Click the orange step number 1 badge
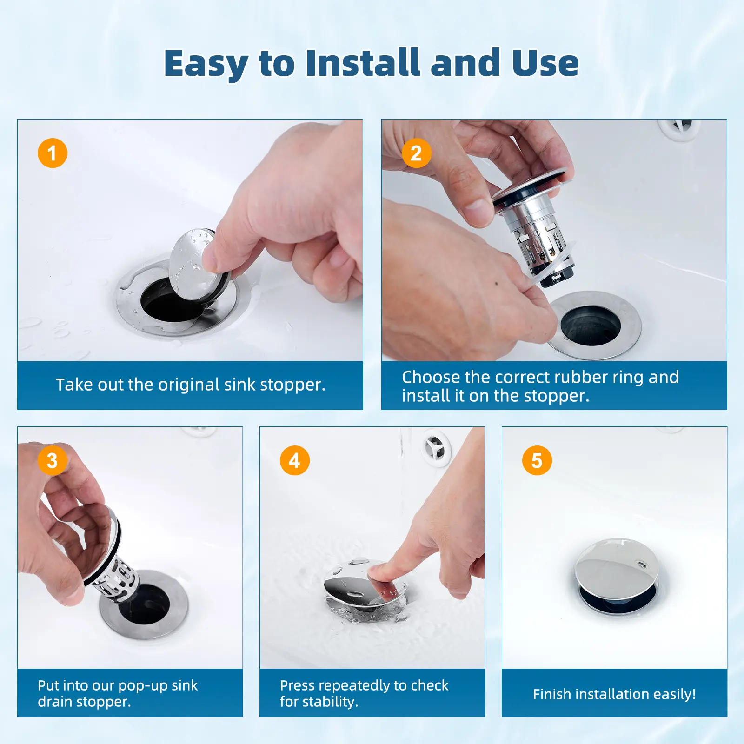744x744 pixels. [53, 153]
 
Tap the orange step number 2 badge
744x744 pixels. [416, 153]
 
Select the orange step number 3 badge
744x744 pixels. [53, 460]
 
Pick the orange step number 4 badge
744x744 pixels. [295, 460]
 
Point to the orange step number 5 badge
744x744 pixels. [537, 460]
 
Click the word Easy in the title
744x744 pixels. [206, 64]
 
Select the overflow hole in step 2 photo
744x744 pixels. [680, 127]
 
